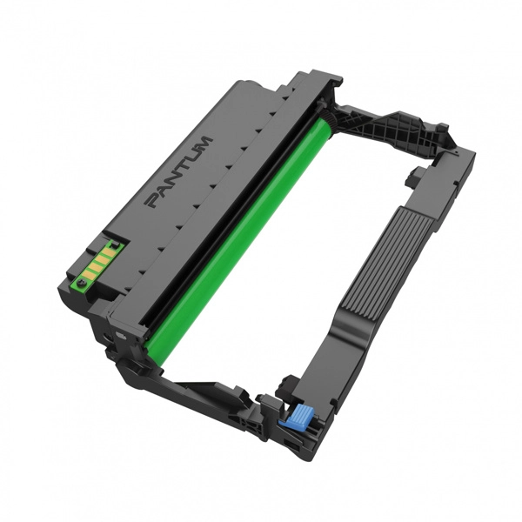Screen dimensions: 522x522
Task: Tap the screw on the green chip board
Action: [81, 283]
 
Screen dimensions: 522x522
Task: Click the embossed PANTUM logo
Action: [178, 172]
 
